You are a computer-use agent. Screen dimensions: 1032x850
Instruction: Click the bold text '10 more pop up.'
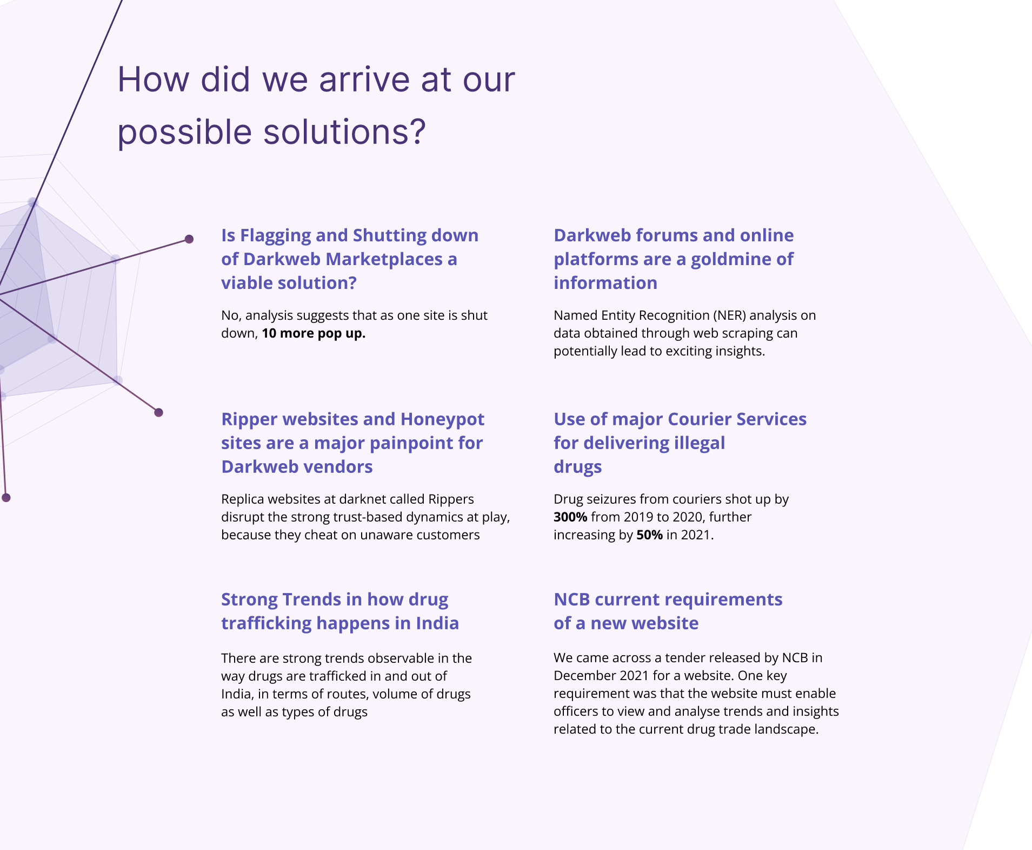pos(314,333)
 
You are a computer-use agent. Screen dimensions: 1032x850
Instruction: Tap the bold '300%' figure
pos(570,517)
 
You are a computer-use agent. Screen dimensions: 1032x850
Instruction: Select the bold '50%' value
pos(649,535)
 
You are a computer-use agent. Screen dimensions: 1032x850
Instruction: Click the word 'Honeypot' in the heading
pos(442,419)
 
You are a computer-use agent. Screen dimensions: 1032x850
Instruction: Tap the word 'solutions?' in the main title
pos(344,131)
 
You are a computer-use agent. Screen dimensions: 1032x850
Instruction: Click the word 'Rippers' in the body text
pos(451,499)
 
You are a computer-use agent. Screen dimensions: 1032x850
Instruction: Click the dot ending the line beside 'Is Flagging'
pos(189,239)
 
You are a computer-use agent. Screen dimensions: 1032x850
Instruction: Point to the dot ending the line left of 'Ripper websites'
pos(158,412)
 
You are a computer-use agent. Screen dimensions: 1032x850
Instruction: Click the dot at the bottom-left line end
pos(6,498)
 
